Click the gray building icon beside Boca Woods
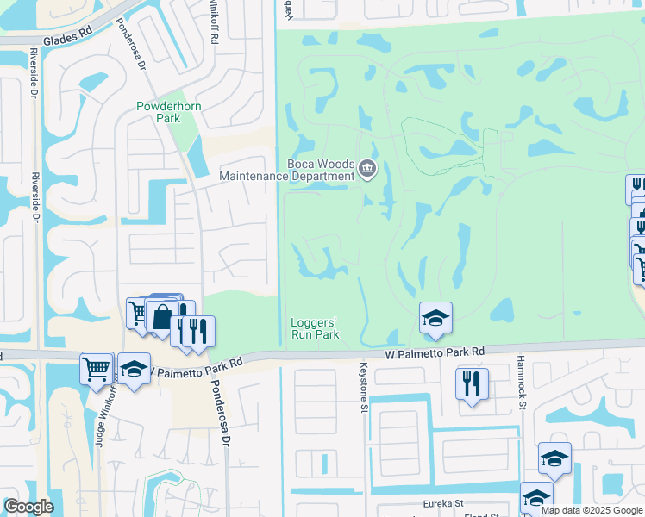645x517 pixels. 367,169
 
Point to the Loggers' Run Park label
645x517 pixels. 313,329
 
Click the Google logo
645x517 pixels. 28,507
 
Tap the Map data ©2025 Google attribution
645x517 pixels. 592,510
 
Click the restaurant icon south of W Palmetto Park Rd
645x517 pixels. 472,383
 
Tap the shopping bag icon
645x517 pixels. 162,315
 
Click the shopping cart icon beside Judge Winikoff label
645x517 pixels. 97,368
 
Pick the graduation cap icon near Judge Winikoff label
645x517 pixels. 134,368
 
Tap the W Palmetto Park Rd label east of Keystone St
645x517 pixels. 435,352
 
